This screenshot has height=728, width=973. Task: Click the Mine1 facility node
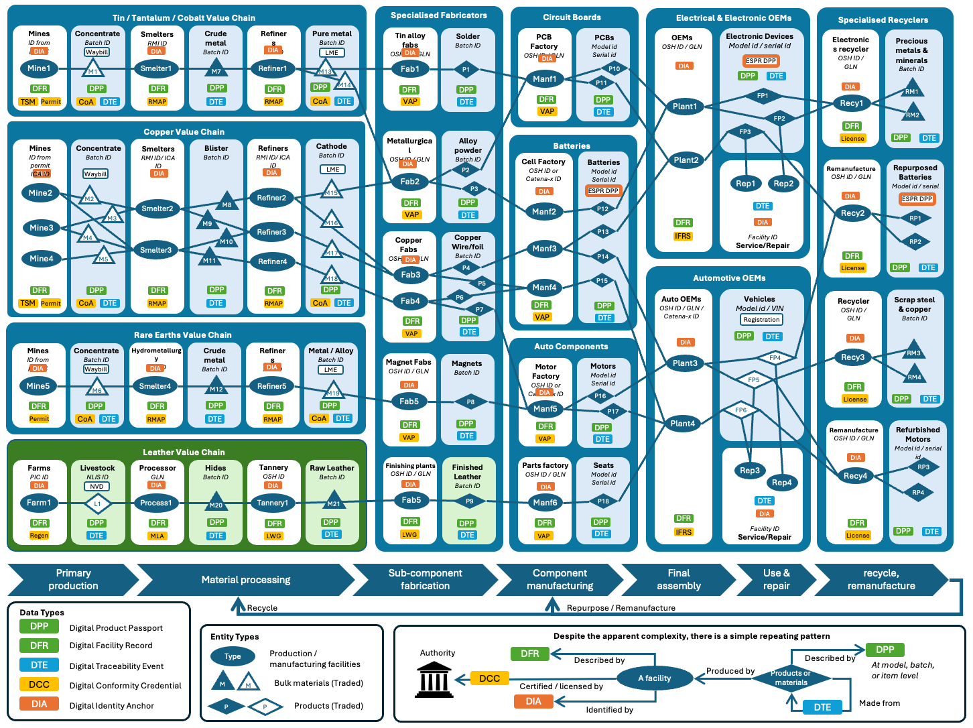(39, 68)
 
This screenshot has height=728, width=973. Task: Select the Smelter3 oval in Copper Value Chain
(155, 250)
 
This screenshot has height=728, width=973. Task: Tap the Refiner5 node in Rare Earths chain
(272, 386)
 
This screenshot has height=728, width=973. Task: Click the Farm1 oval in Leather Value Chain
(39, 503)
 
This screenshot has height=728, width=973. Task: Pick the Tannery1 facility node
(273, 503)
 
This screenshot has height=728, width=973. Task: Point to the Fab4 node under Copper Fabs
(410, 301)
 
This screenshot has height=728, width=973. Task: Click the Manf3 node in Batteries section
(544, 249)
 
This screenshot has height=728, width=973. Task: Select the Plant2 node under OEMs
(686, 160)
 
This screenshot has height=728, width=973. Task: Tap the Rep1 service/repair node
(745, 184)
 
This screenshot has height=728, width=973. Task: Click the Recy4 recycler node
(855, 476)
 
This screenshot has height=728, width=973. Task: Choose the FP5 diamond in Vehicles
(754, 380)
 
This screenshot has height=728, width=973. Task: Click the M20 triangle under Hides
(216, 503)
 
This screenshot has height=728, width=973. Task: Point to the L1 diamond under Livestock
(97, 503)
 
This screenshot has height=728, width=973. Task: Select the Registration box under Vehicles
(761, 320)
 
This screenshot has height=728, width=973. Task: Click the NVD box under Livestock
(97, 487)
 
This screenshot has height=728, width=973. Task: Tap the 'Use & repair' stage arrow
(776, 580)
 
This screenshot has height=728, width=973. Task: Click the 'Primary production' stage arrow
(73, 580)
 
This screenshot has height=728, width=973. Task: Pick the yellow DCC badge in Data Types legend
(39, 684)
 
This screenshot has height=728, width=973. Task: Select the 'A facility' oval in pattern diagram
(654, 678)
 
